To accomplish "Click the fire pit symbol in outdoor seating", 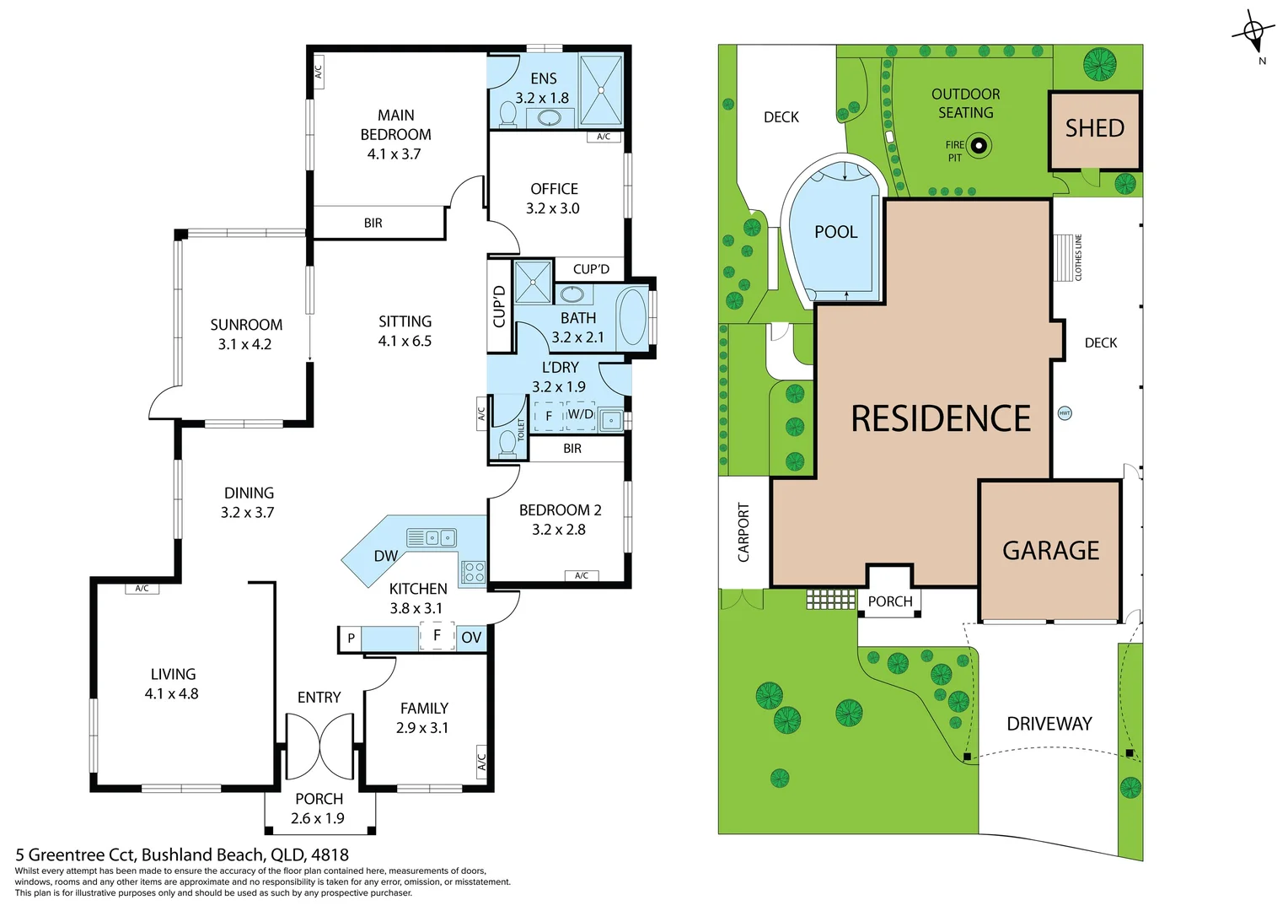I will pos(979,146).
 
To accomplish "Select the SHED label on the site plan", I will pos(1094,128).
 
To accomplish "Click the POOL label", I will pos(835,232).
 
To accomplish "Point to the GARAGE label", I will pos(1050,551).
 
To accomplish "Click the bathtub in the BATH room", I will pos(633,316).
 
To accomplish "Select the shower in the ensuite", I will pos(601,89).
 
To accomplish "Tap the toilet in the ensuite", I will pos(508,115).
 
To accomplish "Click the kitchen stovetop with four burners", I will pos(473,572).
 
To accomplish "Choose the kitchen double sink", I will pos(432,537).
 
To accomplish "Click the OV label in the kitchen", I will pos(471,638).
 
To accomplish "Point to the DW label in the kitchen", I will pos(385,556).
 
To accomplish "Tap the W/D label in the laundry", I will pos(580,414).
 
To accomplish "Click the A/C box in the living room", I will pos(142,588).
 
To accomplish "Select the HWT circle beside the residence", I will pos(1065,413).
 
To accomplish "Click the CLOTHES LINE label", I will pos(1078,257).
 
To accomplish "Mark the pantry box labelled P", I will pos(351,639).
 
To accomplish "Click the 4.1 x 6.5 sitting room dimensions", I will pos(405,342).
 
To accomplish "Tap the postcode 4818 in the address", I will pos(330,854).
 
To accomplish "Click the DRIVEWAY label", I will pos(1049,724).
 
